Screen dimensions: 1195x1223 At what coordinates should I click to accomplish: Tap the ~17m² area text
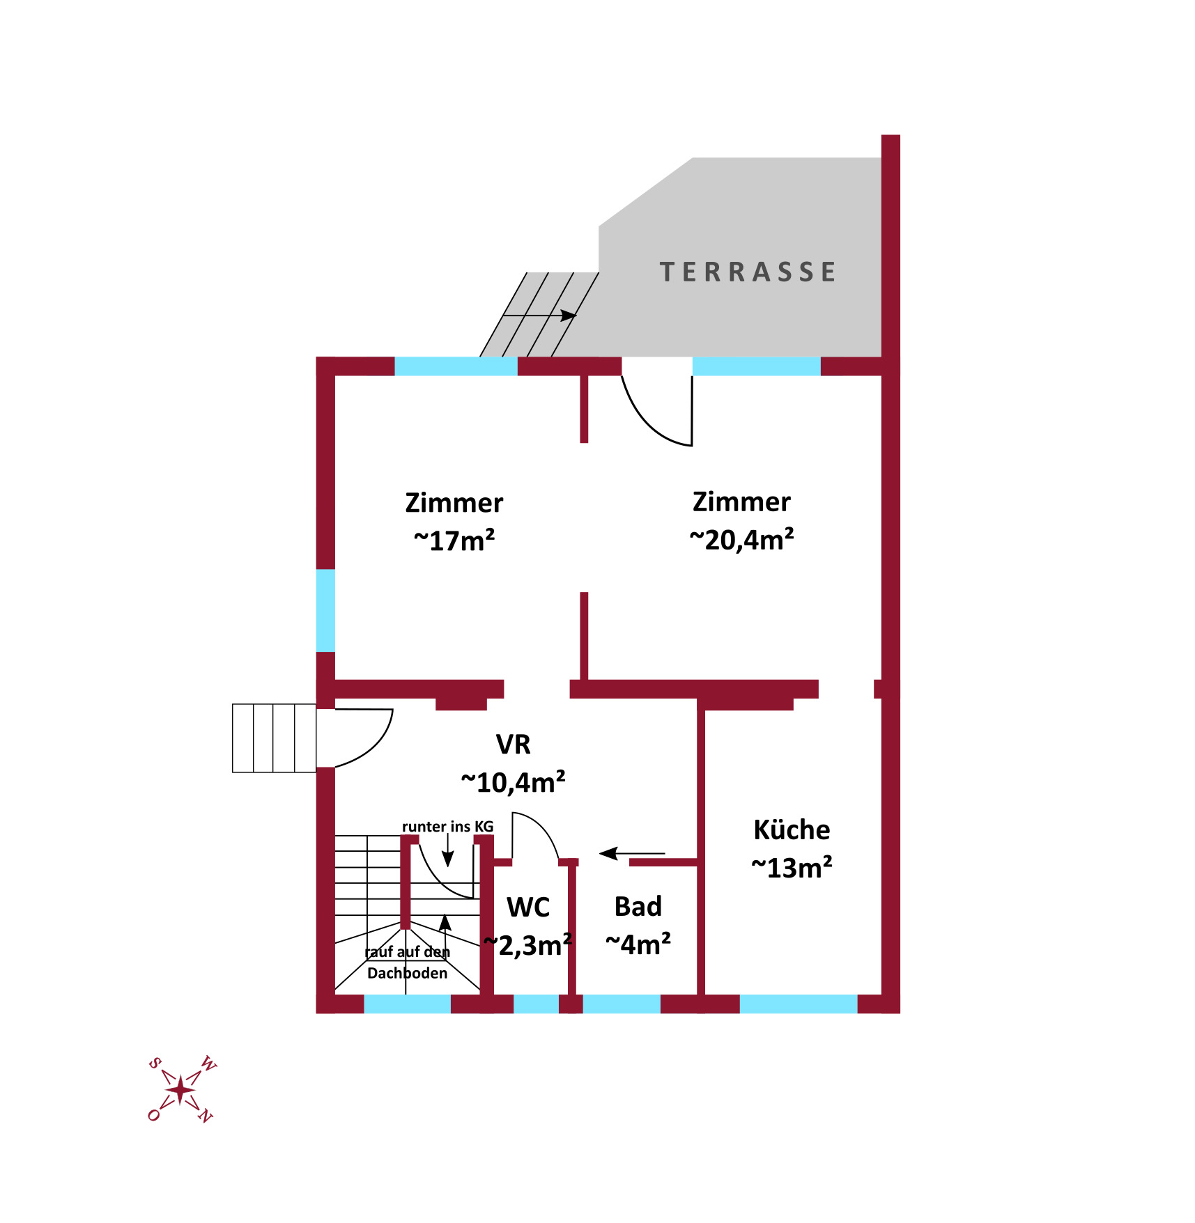click(454, 540)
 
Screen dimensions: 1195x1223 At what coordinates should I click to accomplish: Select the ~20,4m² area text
click(741, 539)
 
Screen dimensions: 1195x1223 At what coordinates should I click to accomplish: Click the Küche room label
click(792, 829)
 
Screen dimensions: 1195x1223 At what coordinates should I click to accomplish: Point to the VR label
click(513, 745)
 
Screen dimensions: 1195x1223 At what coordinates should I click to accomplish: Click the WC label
click(528, 907)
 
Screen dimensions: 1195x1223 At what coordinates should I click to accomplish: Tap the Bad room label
click(638, 906)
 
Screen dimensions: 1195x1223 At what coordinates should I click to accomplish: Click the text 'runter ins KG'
click(447, 827)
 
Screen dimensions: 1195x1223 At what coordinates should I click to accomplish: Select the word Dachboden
click(407, 973)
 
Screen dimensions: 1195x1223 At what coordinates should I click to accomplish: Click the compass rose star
click(180, 1090)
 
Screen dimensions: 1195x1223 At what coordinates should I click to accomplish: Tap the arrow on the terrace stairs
click(539, 316)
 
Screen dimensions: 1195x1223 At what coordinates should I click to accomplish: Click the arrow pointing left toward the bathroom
click(632, 853)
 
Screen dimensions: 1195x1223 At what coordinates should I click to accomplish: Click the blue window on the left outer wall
click(325, 611)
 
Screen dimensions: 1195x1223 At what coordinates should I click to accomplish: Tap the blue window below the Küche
click(798, 1004)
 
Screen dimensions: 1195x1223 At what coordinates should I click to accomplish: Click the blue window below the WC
click(536, 1004)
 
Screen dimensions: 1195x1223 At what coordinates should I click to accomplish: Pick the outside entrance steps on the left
click(274, 738)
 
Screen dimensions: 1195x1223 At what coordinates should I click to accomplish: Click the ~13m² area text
click(792, 868)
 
